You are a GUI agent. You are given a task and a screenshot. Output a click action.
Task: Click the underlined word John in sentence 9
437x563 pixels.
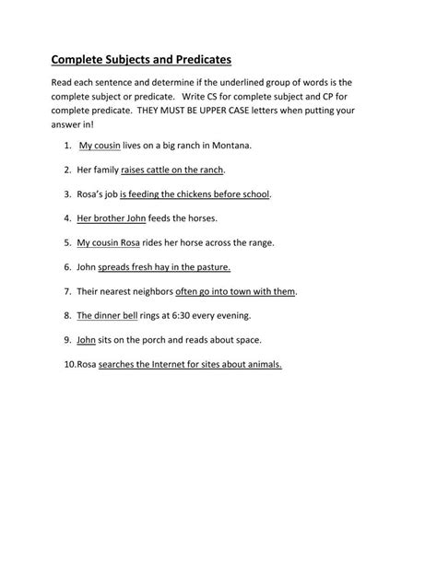(87, 339)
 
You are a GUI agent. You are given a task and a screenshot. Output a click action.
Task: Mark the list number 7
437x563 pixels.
(67, 291)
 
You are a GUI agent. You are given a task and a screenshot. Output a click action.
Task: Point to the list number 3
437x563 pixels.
(67, 194)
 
